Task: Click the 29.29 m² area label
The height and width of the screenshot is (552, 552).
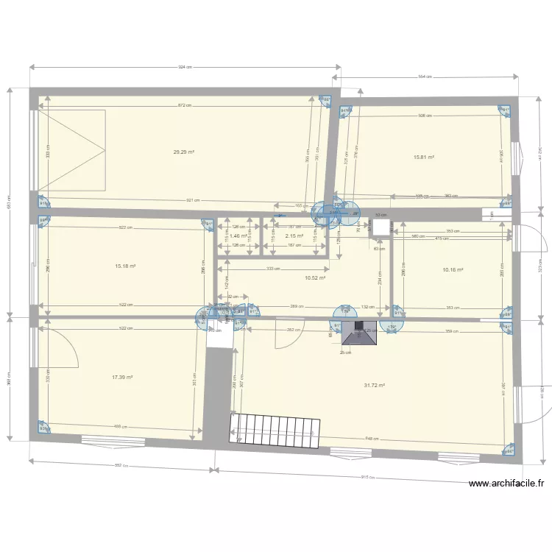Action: point(183,152)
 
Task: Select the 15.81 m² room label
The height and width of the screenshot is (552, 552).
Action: point(424,157)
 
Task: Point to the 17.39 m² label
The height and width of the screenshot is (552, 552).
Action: point(122,377)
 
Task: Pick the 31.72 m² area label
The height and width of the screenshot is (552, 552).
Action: point(375,385)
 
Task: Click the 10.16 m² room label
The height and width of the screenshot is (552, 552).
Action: point(453,270)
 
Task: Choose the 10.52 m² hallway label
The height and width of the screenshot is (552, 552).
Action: point(315,278)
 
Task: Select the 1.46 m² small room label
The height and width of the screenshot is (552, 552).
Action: point(238,236)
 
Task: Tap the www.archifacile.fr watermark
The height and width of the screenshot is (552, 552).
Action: point(506,484)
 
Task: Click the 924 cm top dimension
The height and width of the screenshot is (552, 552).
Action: point(184,67)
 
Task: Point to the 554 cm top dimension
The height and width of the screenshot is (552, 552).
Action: point(425,77)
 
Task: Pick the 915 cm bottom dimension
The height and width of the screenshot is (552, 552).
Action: point(368,477)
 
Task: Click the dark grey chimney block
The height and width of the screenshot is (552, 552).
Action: point(359,332)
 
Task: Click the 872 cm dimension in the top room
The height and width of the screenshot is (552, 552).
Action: point(183,105)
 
